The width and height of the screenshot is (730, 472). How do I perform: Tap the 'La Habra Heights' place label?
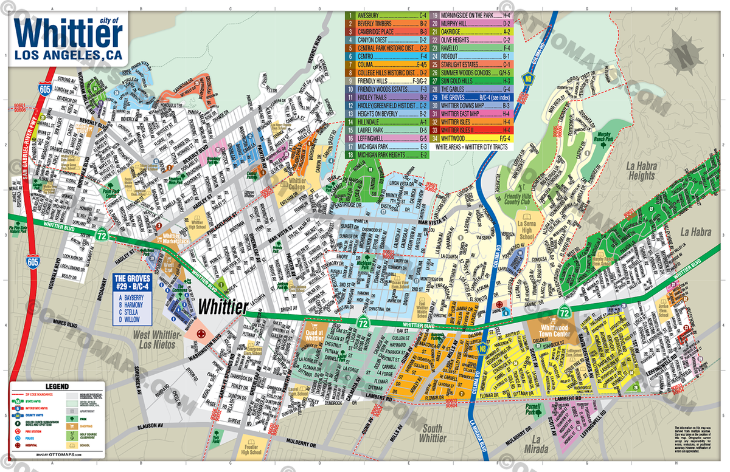pos(637,171)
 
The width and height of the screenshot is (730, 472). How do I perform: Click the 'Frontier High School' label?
pos(251,448)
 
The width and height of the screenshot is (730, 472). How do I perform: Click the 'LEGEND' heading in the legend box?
pos(53,386)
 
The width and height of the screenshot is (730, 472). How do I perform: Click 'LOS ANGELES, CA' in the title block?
pos(68,55)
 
